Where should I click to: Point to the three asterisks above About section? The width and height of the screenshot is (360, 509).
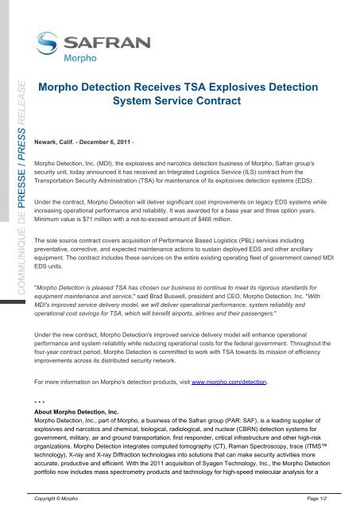coord(49,379)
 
